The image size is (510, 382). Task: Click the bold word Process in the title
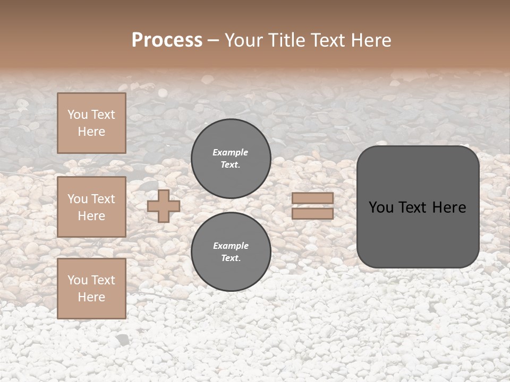point(167,40)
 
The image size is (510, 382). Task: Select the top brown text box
point(91,123)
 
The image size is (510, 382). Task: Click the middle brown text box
point(91,207)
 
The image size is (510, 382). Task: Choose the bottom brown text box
point(91,289)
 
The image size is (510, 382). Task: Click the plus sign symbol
point(164,206)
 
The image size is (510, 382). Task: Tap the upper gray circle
point(231,159)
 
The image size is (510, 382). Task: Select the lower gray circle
point(231,252)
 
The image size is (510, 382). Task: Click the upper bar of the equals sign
point(313,198)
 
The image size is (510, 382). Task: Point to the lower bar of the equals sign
point(313,213)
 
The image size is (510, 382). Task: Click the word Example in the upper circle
point(231,152)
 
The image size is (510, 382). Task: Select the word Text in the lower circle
point(230,258)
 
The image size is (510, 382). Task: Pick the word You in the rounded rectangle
point(381,207)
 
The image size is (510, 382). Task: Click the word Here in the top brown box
point(91,132)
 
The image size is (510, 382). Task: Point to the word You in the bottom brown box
point(78,280)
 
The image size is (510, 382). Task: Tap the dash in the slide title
point(214,40)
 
